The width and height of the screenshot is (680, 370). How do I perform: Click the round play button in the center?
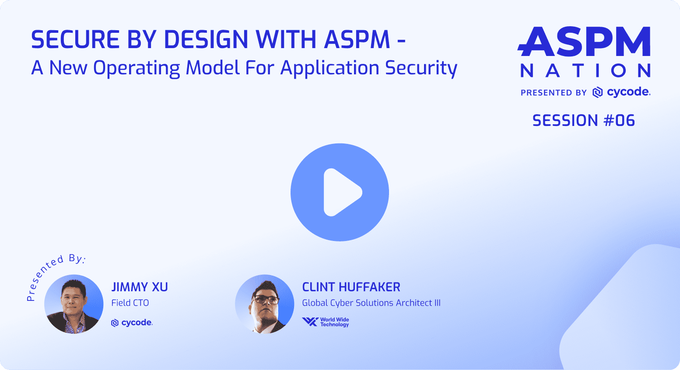pyautogui.click(x=340, y=192)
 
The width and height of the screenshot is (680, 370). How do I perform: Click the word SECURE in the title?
pyautogui.click(x=75, y=39)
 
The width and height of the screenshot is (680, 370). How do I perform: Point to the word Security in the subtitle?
pyautogui.click(x=421, y=68)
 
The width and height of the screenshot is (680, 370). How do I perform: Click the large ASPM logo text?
pyautogui.click(x=584, y=42)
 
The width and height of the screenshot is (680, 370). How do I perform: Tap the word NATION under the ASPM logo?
pyautogui.click(x=585, y=71)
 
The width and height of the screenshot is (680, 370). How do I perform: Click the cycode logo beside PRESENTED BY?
pyautogui.click(x=621, y=92)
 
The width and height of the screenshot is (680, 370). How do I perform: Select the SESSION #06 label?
pyautogui.click(x=584, y=121)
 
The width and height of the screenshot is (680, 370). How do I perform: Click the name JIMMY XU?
pyautogui.click(x=139, y=287)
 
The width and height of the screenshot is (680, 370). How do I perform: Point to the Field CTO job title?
pyautogui.click(x=130, y=303)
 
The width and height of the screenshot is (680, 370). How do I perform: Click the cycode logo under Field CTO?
pyautogui.click(x=132, y=323)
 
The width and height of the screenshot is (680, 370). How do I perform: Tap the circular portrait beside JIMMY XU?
pyautogui.click(x=74, y=304)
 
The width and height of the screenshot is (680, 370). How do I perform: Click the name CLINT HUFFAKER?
pyautogui.click(x=351, y=287)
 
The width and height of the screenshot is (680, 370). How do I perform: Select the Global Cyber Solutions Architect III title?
pyautogui.click(x=371, y=303)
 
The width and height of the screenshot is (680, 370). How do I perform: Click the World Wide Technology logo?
pyautogui.click(x=326, y=322)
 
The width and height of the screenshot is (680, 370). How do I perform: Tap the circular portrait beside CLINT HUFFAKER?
pyautogui.click(x=265, y=304)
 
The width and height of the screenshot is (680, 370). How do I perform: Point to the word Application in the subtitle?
pyautogui.click(x=330, y=68)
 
